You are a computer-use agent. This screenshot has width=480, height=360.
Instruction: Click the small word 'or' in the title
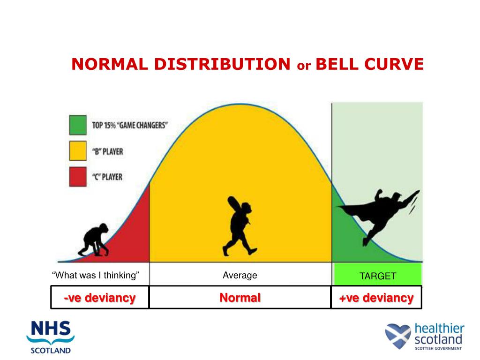click(303, 66)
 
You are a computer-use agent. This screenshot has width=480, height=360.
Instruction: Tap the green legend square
click(78, 126)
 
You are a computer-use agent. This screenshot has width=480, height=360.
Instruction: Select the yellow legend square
click(78, 151)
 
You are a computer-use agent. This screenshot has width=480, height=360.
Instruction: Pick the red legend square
click(78, 177)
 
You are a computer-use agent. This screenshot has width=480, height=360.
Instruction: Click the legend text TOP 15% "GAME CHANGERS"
click(130, 126)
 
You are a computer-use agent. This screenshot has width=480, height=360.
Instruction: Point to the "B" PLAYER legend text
click(107, 151)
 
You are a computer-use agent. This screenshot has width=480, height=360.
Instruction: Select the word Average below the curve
click(240, 275)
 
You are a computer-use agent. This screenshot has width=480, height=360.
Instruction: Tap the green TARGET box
click(377, 275)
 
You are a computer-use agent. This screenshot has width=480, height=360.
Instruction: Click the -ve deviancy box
click(100, 298)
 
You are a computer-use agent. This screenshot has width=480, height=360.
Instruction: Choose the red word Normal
click(240, 298)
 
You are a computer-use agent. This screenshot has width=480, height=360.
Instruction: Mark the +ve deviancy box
click(376, 298)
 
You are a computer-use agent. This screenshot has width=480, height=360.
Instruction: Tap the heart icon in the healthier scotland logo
click(397, 336)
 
